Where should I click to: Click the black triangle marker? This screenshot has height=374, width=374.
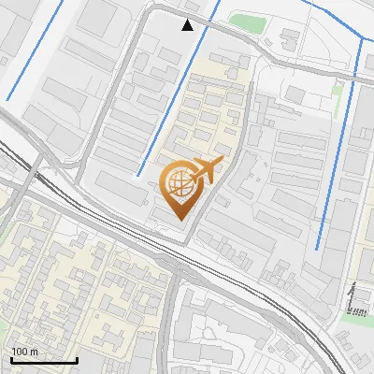188,25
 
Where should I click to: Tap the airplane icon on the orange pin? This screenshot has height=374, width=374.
205,171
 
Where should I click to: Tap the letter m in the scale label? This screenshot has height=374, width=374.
36,352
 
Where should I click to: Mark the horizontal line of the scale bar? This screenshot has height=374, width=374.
43,360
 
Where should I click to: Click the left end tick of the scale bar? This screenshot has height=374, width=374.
10,357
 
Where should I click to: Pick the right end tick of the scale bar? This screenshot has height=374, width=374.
76,357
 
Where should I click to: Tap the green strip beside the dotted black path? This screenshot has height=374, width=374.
355,317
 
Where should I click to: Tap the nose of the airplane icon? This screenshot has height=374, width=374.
221,164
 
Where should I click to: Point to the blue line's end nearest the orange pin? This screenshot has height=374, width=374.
137,175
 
